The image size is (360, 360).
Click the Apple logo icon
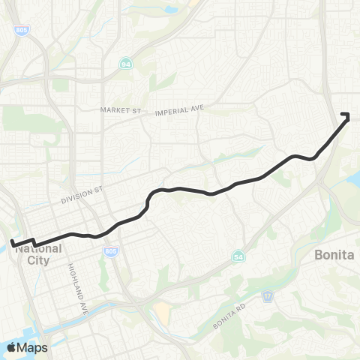(x=11, y=347)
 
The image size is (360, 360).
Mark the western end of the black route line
(x=12, y=242)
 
